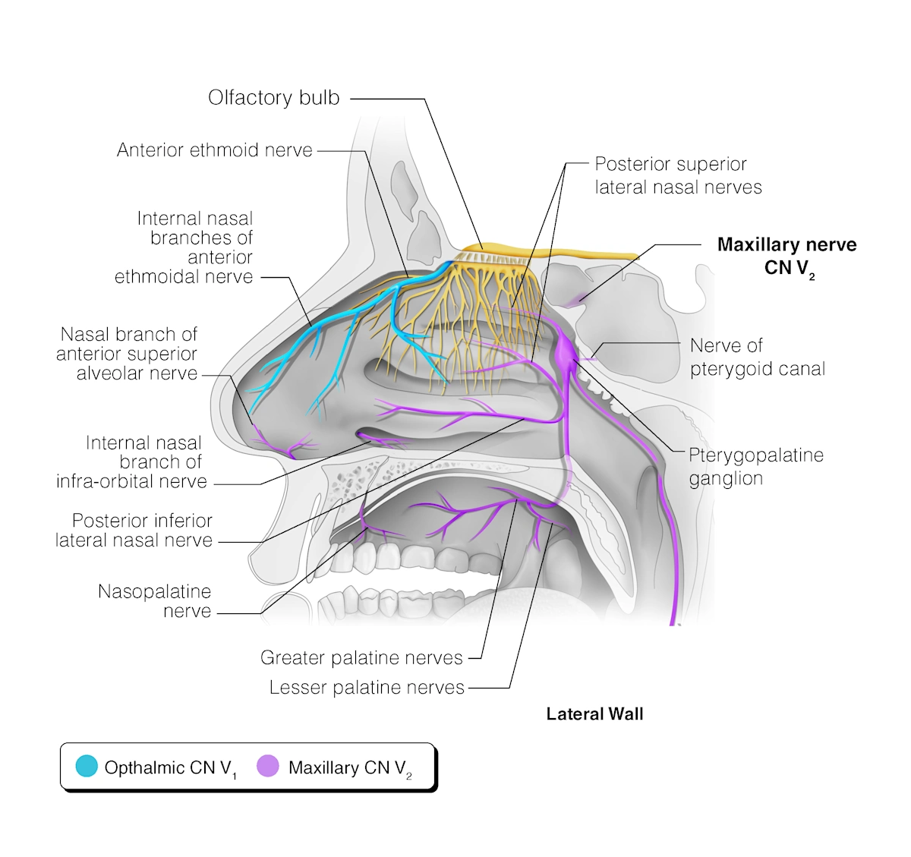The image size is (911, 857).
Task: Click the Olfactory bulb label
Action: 273,98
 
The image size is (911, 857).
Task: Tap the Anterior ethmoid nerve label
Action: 214,150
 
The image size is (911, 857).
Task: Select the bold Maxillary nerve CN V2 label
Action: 786,256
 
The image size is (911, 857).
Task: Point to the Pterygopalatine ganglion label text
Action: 755,466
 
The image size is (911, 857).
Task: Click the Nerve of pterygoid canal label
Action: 757,357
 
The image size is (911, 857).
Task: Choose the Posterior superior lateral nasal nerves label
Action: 677,175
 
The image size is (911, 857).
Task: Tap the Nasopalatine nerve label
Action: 156,601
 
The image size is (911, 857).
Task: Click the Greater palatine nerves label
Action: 361,657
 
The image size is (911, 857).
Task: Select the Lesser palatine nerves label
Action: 367,687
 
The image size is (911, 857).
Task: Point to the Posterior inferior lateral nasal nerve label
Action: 134,530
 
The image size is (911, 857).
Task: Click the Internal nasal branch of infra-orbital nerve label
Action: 131,462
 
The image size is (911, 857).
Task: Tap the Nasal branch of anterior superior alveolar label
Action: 128,354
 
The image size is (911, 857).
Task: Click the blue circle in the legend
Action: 87,767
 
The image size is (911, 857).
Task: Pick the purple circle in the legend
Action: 268,767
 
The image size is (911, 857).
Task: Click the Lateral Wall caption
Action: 594,714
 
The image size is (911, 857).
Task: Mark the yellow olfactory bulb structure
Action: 547,251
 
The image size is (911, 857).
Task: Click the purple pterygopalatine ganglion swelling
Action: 566,351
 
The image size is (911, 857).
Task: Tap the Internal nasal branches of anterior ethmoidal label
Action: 184,247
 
